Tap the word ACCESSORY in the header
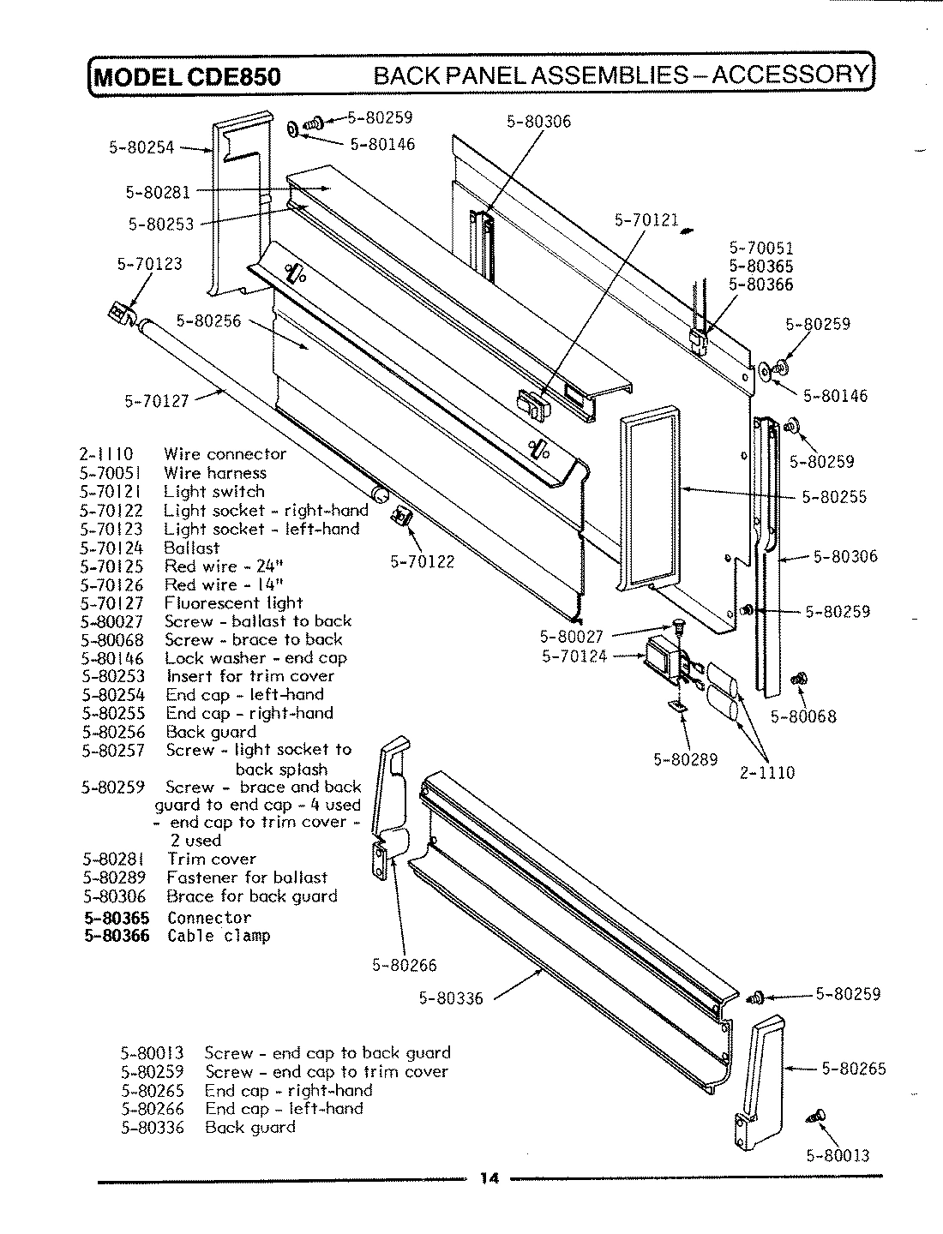[790, 75]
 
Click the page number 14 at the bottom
[489, 1177]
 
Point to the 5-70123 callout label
[149, 264]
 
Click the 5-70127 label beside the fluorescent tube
[156, 400]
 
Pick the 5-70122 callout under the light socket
[422, 562]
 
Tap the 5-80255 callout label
[834, 497]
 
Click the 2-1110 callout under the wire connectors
[767, 772]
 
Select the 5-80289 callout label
[685, 758]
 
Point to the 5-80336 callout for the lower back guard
[451, 998]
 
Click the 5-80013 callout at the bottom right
[838, 1155]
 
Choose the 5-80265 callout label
[854, 1069]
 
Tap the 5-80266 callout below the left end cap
[404, 965]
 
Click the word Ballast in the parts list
[192, 548]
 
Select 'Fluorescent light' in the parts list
[233, 603]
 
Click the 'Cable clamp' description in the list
[219, 936]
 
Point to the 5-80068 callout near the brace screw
[803, 716]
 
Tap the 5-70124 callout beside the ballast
[574, 656]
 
